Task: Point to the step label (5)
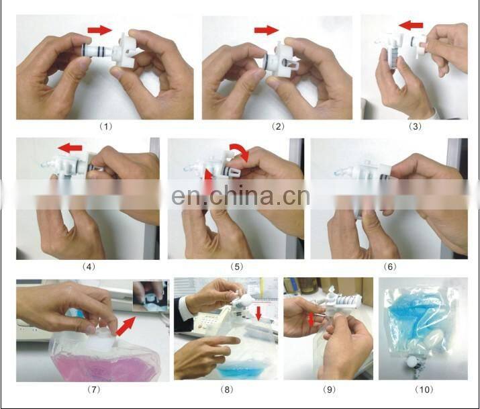coord(236,267)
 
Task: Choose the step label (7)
coord(89,389)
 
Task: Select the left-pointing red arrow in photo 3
coord(411,26)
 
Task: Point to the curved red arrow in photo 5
coord(240,152)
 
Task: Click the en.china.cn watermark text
coord(240,197)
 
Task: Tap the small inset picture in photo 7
coord(150,297)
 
